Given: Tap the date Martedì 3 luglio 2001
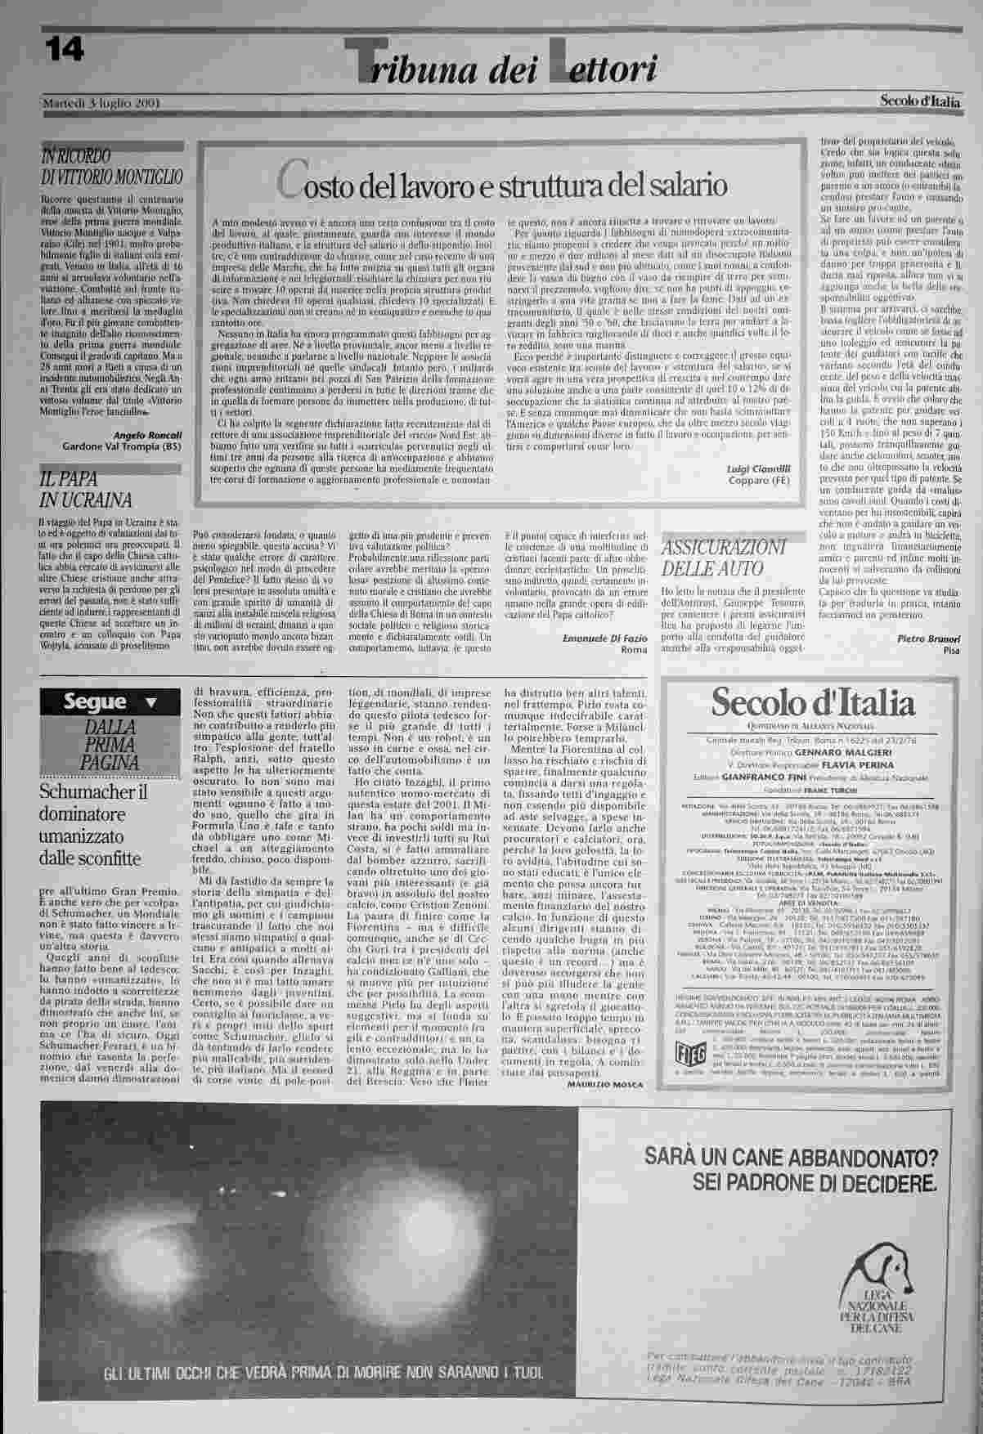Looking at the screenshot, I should [101, 104].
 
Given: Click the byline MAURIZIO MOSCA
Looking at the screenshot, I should [604, 1084].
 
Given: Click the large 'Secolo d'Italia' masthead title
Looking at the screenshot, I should [812, 701].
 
